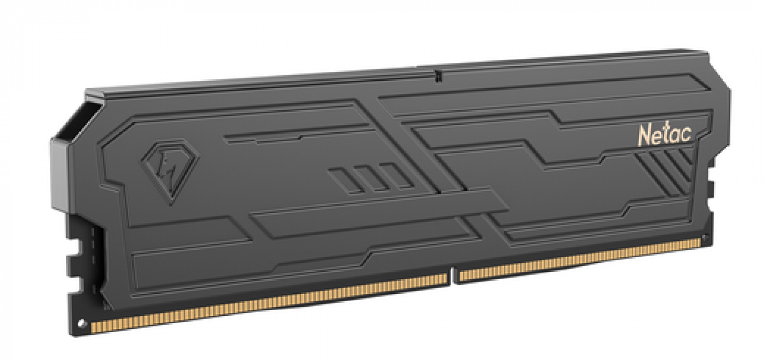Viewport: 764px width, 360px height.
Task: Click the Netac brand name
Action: (664, 135)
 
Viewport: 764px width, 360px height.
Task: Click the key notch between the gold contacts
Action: (453, 277)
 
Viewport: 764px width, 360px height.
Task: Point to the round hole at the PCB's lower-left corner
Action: (81, 323)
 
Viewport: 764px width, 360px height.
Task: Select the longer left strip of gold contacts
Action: (269, 303)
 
